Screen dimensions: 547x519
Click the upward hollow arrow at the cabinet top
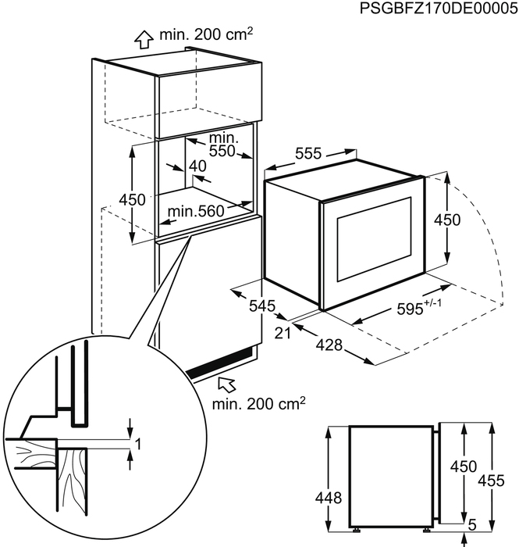point(143,39)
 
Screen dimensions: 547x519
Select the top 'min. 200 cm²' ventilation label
point(208,35)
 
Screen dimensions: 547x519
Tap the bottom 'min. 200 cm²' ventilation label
point(258,405)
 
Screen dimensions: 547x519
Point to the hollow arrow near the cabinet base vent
point(226,383)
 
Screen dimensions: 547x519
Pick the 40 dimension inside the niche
point(197,166)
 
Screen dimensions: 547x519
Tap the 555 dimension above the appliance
point(308,155)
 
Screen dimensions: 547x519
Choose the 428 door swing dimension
point(333,345)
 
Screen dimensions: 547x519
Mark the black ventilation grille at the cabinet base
point(222,365)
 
